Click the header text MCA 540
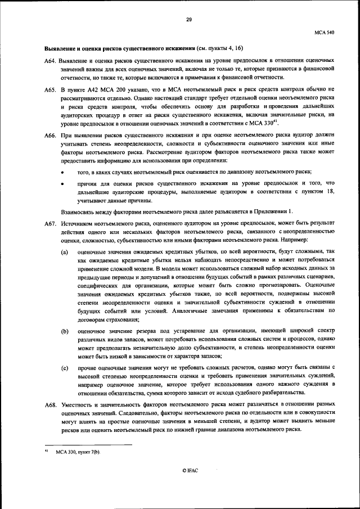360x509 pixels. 326,33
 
